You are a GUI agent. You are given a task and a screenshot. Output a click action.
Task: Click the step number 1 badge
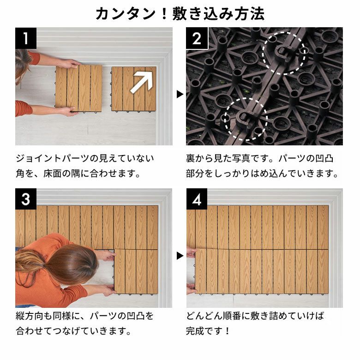(26, 38)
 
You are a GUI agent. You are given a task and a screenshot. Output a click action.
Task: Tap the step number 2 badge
(197, 38)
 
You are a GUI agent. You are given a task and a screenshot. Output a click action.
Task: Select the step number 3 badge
(26, 199)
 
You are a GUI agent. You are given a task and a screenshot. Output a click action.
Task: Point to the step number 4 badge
(197, 199)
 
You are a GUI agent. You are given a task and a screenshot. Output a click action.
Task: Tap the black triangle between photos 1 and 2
(180, 94)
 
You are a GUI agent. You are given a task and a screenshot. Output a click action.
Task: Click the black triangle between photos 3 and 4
(180, 256)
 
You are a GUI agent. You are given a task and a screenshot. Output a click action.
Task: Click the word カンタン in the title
(126, 14)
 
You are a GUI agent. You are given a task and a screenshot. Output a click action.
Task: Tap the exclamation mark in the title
(164, 14)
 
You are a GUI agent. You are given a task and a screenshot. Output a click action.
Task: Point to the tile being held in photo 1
(79, 89)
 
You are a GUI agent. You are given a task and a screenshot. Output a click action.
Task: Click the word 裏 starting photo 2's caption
(191, 158)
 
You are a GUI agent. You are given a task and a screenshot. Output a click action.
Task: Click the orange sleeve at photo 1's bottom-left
(23, 108)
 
